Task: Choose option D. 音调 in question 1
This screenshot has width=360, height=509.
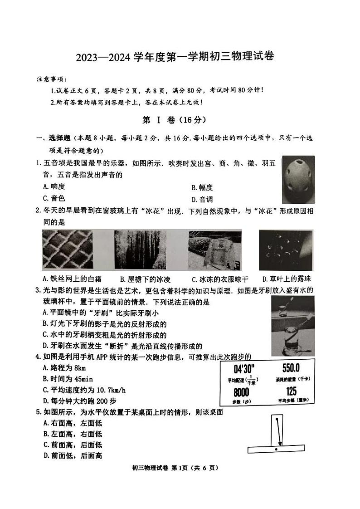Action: coord(202,199)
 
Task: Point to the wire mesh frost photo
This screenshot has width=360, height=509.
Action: coord(67,250)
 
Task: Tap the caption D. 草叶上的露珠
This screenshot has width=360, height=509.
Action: coord(287,279)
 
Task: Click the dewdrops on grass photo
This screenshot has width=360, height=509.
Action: coord(286,250)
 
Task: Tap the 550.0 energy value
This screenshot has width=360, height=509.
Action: coord(291,368)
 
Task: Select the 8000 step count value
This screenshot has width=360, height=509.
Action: coord(241,392)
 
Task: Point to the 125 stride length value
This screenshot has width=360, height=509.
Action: coord(291,391)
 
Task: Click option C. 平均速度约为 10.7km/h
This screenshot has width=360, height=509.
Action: coord(84,390)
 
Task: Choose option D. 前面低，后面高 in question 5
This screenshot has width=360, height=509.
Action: coord(73,455)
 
